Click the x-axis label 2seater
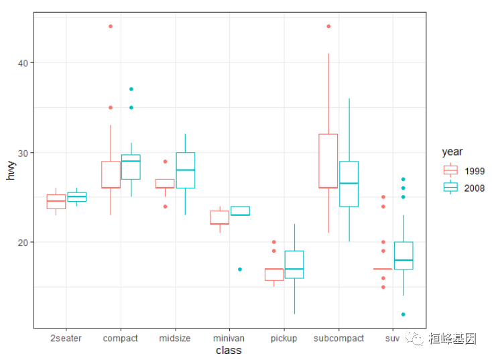coord(66,338)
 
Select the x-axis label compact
coord(120,338)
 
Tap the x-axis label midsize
coord(175,338)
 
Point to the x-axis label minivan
coord(229,338)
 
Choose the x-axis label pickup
coord(284,338)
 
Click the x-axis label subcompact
coord(339,338)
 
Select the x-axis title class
coord(229,350)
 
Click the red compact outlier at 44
coord(111,27)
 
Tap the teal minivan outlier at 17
coord(240,269)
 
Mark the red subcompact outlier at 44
coord(328,27)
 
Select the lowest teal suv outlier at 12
coord(404,314)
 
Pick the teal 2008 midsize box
coord(186,170)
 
